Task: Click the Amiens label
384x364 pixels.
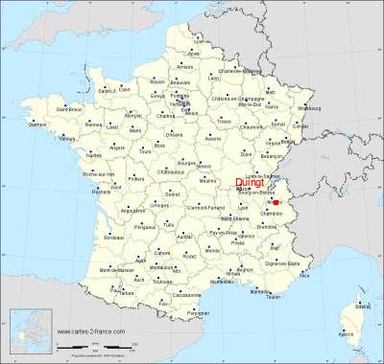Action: point(185,66)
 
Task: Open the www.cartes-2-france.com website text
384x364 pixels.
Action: point(96,332)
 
